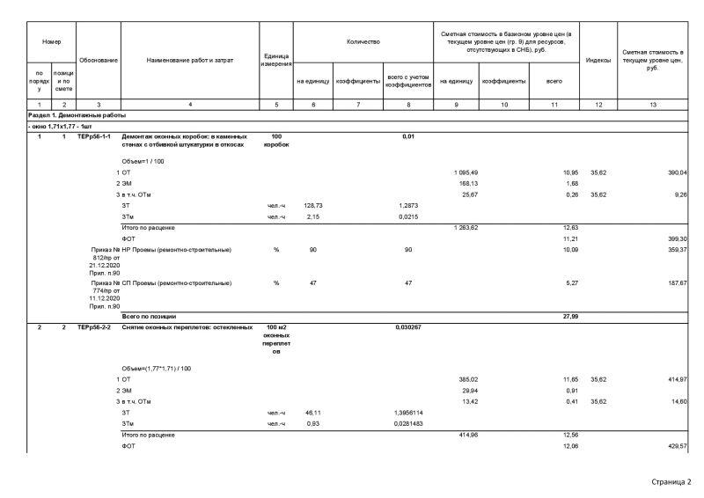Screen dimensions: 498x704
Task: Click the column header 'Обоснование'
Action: coord(99,60)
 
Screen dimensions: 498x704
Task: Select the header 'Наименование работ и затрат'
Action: coord(190,60)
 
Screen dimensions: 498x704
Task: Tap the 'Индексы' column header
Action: coord(598,60)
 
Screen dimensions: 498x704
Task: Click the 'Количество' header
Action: coord(363,40)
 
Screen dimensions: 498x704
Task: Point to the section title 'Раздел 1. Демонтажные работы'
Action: coord(77,115)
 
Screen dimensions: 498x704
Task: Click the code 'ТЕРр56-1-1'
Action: coord(94,136)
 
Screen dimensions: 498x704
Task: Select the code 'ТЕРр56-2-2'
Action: coord(94,326)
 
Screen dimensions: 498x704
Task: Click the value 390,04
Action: coord(675,172)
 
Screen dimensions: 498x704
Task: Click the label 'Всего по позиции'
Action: coord(149,316)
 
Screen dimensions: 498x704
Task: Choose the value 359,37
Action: coord(675,250)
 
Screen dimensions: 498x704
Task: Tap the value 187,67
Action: coord(675,283)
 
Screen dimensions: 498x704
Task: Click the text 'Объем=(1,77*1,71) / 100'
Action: coord(157,367)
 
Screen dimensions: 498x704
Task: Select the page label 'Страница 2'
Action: coord(671,482)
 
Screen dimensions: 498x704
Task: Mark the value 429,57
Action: coord(675,446)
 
